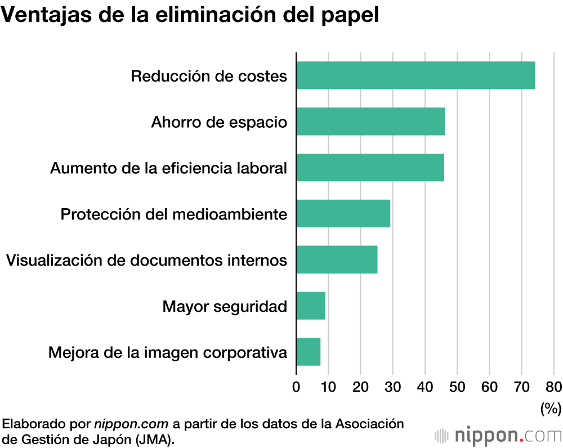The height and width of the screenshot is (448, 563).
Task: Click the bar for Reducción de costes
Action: tap(415, 75)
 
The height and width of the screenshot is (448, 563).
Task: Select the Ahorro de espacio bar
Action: tap(370, 122)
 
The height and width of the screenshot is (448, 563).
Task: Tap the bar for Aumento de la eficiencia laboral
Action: tap(370, 168)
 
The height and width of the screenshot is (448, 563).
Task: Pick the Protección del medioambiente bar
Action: tap(343, 214)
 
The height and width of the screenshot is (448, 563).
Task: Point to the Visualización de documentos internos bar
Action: tap(337, 259)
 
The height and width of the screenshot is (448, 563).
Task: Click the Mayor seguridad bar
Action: tap(311, 306)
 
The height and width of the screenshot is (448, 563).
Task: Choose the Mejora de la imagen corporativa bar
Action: tap(309, 352)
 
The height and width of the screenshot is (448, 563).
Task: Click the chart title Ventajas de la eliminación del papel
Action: tap(190, 15)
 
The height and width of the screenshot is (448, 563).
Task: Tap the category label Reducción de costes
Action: tap(209, 76)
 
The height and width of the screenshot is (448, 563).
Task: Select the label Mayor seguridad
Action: tap(225, 307)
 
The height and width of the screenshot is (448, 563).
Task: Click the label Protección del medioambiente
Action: tap(174, 214)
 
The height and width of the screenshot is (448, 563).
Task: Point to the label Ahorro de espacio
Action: tap(219, 122)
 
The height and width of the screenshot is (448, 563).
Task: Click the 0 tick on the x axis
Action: tap(296, 387)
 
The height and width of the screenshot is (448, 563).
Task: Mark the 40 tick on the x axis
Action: tap(425, 387)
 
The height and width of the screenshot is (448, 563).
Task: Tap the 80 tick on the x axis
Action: tap(553, 387)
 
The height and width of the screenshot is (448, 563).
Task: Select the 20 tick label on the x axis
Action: tap(361, 387)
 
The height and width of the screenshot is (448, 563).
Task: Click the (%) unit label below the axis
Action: tap(551, 408)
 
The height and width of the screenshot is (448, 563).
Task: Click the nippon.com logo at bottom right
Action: tap(498, 435)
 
